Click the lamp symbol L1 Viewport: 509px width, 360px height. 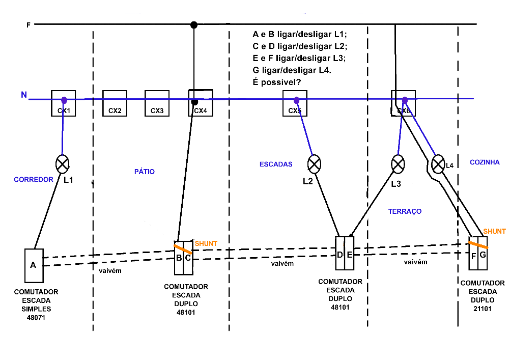62,164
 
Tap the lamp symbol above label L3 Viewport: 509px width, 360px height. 398,164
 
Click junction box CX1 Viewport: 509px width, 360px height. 64,103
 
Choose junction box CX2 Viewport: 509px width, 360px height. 115,103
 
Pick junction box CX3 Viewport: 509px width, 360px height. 157,103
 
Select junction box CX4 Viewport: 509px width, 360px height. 201,103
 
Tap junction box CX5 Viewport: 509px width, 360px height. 295,103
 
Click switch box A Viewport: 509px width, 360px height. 33,265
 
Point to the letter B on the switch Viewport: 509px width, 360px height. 179,258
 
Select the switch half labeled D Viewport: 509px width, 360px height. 340,254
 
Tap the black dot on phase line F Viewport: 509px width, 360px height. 193,24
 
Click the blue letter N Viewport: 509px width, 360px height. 23,95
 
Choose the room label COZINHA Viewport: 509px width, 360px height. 485,162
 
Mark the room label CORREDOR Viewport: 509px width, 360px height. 34,180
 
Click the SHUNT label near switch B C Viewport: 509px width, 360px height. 206,244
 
